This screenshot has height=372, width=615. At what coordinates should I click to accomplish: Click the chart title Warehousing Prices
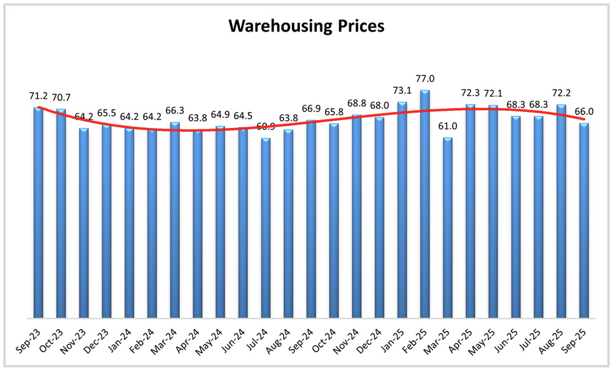coord(307,26)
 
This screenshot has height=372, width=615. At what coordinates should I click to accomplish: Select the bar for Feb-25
coord(425,204)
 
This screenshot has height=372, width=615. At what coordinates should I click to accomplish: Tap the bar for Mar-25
coord(448,228)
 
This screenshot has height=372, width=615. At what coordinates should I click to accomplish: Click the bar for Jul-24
coord(266,228)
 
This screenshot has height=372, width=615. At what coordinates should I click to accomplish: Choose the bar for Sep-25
coord(584,220)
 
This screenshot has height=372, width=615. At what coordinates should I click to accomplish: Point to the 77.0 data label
coord(425,78)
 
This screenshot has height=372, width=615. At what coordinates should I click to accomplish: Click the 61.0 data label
coord(448,126)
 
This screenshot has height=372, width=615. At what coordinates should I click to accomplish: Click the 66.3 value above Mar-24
coord(175,110)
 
